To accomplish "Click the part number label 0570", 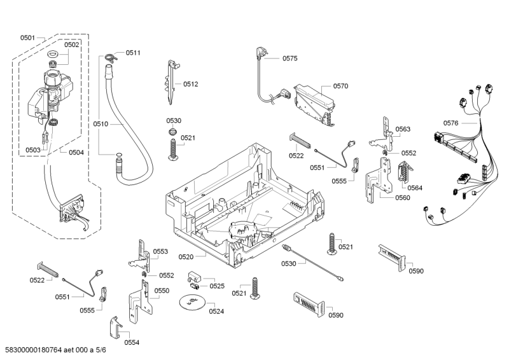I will [340, 85].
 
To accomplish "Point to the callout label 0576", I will [451, 123].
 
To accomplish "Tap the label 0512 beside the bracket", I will [191, 83].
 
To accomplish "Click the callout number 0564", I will [415, 188].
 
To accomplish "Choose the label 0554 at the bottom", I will [131, 343].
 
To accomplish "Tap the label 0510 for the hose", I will [101, 123].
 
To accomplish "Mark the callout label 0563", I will [403, 129].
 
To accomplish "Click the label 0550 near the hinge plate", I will [162, 290].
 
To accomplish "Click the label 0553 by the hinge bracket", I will [160, 252].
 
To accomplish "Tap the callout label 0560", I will [402, 197].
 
